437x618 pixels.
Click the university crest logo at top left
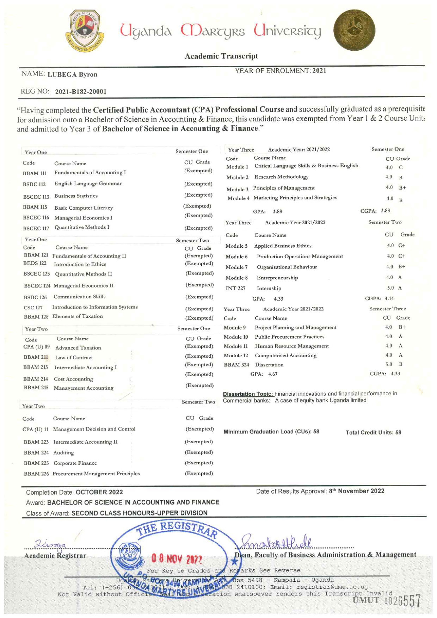[85, 31]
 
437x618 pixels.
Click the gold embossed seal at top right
[354, 30]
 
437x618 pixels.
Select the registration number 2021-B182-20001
[81, 92]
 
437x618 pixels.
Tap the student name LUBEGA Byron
[72, 74]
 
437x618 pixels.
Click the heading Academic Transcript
[221, 56]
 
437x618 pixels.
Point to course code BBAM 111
[35, 173]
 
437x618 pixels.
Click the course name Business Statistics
[76, 196]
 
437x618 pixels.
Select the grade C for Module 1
[401, 167]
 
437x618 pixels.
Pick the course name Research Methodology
[281, 177]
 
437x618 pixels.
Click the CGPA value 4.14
[389, 298]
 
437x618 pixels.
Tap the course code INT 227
[235, 288]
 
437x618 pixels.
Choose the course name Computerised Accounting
[285, 356]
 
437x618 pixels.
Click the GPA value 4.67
[272, 374]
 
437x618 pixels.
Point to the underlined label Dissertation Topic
[248, 394]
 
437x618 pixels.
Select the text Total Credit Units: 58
[373, 432]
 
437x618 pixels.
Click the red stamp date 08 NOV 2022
[177, 559]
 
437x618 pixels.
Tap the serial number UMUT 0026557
[387, 601]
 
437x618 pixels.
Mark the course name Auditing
[63, 453]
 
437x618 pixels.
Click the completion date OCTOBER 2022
[99, 492]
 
